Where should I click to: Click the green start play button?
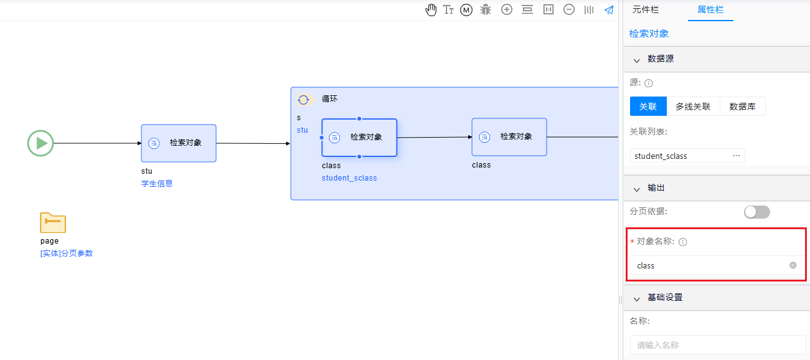[x=40, y=143]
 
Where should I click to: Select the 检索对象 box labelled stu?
[x=179, y=143]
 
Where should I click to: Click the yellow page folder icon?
[x=53, y=222]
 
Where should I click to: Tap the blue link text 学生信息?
[x=157, y=184]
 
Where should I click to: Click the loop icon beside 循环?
[x=303, y=100]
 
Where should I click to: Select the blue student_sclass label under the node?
[x=349, y=178]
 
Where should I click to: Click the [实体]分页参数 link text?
[x=67, y=253]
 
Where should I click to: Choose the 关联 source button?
[x=648, y=107]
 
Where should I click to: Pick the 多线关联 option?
[x=693, y=107]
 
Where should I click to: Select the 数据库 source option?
[x=742, y=107]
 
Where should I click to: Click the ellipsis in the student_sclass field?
[x=737, y=156]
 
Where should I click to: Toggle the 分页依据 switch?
[x=757, y=212]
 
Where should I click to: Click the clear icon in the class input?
[x=793, y=265]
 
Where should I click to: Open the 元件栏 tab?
[x=646, y=10]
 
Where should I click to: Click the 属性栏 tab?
[x=710, y=10]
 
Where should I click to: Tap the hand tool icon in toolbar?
[x=431, y=10]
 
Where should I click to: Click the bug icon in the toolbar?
[x=486, y=10]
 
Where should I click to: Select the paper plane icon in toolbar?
[x=609, y=10]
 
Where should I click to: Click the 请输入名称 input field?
[x=718, y=345]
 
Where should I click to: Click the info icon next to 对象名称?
[x=683, y=242]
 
